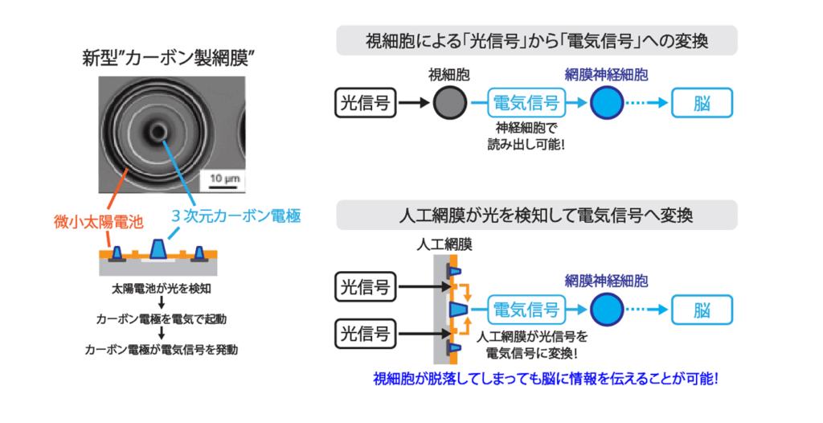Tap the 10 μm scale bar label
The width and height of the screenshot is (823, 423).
pyautogui.click(x=224, y=179)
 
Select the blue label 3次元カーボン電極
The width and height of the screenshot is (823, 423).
pyautogui.click(x=236, y=216)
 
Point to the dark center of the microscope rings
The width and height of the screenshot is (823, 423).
pyautogui.click(x=157, y=131)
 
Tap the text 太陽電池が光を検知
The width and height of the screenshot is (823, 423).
pyautogui.click(x=162, y=289)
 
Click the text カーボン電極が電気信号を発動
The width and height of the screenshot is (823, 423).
pyautogui.click(x=161, y=350)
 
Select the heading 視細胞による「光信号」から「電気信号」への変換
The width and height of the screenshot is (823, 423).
pyautogui.click(x=537, y=40)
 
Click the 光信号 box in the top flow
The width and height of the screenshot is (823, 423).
pyautogui.click(x=366, y=102)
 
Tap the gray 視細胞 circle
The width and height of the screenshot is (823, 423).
pyautogui.click(x=450, y=102)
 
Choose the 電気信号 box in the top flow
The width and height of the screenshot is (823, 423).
pyautogui.click(x=526, y=102)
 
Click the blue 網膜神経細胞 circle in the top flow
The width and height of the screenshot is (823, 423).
pyautogui.click(x=607, y=102)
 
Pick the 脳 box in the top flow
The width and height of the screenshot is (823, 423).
pyautogui.click(x=702, y=102)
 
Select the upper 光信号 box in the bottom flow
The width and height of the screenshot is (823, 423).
pyautogui.click(x=366, y=287)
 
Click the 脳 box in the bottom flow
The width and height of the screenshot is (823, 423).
pyautogui.click(x=702, y=310)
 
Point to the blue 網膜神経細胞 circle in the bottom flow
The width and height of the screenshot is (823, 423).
pyautogui.click(x=607, y=310)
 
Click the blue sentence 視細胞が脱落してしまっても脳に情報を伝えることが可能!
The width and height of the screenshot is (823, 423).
pyautogui.click(x=546, y=378)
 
